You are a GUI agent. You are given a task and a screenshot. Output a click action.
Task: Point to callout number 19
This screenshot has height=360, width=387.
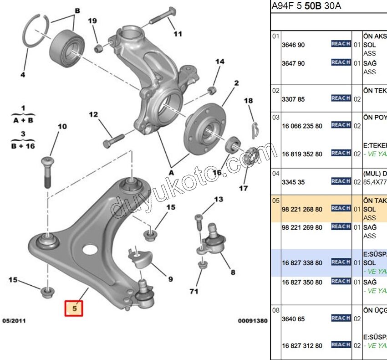92,21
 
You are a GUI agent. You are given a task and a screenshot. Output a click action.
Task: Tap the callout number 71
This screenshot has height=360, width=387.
194,291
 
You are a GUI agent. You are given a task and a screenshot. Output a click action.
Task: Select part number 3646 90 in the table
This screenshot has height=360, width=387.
293,45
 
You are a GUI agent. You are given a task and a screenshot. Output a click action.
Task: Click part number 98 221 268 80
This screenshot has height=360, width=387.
302,209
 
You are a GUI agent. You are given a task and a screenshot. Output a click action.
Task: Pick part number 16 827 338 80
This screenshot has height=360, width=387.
302,263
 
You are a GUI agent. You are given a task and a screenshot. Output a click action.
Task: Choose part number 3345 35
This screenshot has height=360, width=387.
293,182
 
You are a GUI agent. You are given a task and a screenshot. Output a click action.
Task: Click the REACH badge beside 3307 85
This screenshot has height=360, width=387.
341,98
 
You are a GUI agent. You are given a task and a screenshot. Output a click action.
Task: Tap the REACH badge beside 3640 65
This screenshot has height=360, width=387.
341,318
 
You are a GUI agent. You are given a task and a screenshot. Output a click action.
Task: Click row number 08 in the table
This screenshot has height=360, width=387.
275,310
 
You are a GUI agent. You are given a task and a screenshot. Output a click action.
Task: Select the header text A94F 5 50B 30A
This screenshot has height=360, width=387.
306,6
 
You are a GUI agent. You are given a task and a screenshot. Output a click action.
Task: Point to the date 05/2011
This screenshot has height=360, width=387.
14,321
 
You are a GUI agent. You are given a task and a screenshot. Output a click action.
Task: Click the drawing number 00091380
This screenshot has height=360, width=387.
253,321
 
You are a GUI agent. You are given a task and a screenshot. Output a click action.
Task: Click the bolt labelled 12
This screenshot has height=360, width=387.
113,139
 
